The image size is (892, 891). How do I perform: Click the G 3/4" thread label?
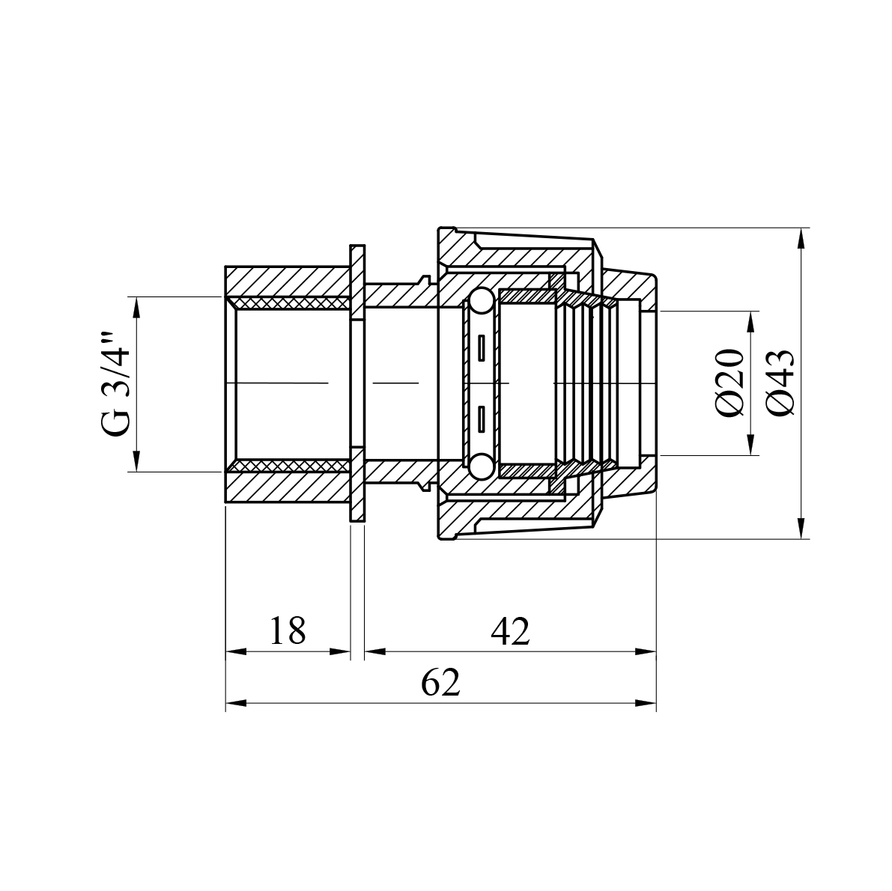click(117, 384)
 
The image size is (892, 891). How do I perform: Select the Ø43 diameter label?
click(780, 383)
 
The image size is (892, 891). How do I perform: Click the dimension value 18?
click(288, 630)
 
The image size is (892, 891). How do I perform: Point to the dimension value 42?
click(510, 630)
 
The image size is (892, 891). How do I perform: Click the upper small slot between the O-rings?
click(482, 347)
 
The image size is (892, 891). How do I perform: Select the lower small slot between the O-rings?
click(482, 419)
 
